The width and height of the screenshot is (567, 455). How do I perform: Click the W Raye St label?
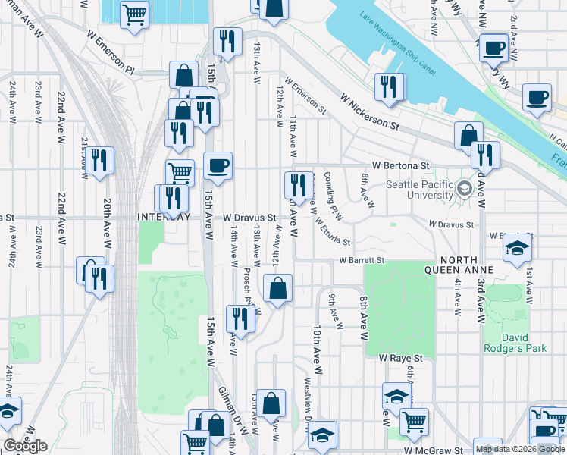[x=400, y=357]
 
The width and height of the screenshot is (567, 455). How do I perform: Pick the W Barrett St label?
[x=362, y=260]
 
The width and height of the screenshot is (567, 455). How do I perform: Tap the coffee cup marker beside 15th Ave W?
[x=218, y=165]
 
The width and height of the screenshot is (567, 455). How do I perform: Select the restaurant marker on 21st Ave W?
[x=99, y=160]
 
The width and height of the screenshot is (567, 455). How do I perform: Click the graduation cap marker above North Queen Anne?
[x=517, y=248]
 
